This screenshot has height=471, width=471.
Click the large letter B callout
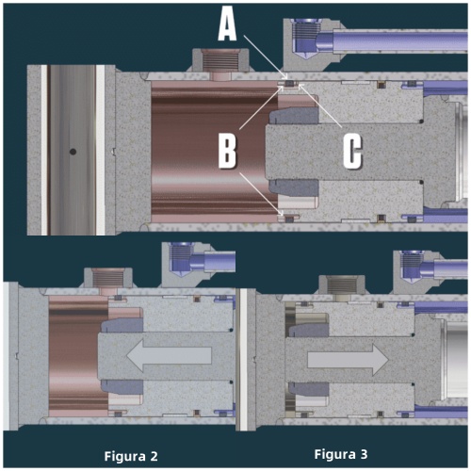tap(227, 153)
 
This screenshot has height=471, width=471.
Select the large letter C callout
tap(352, 153)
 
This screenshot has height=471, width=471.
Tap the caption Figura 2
tap(131, 456)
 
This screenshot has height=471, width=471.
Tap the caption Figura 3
tap(341, 454)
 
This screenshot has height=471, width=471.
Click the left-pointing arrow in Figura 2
tap(169, 355)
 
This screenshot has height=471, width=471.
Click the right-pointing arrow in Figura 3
tap(349, 360)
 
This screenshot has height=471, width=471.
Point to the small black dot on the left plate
tap(73, 152)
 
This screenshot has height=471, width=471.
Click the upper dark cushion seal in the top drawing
tap(294, 116)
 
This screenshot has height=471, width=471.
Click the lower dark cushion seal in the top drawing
tap(294, 187)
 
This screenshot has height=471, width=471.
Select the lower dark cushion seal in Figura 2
tap(122, 387)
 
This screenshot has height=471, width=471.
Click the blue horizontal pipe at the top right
tap(400, 40)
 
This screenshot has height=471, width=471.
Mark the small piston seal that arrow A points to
tap(289, 84)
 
